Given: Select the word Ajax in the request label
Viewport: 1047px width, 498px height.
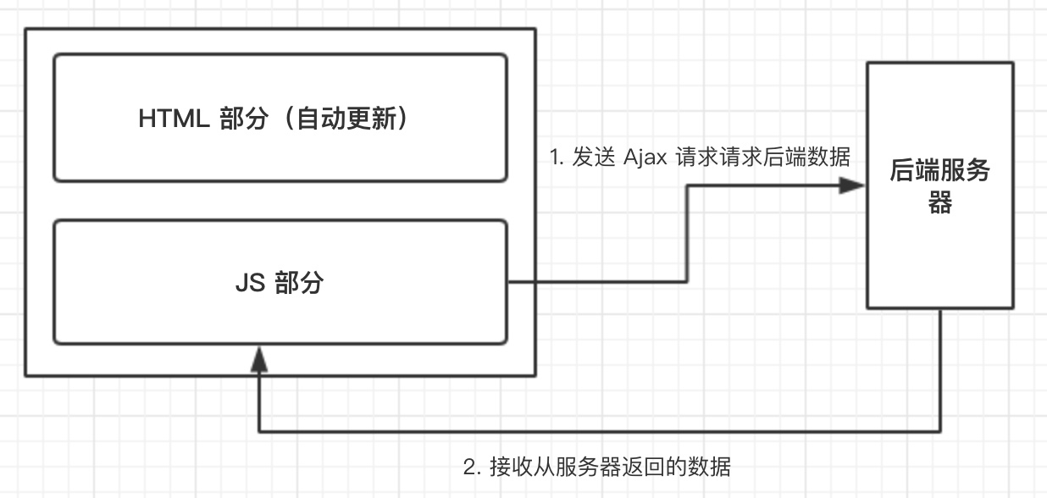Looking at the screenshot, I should (x=645, y=158).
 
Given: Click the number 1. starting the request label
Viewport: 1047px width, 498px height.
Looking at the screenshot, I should (x=557, y=158).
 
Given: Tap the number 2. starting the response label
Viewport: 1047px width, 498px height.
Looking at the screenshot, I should (x=472, y=467).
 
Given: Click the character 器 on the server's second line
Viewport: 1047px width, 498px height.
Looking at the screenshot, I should (x=940, y=203).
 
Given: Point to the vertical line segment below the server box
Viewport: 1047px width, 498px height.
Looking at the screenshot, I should (x=941, y=373).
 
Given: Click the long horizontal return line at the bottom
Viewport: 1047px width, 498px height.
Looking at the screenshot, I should (x=593, y=432).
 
